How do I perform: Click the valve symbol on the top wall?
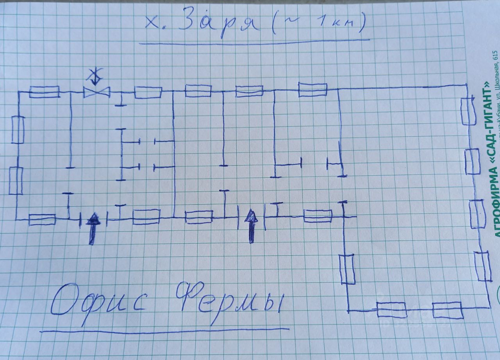click(96, 92)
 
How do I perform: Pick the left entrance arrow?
click(93, 228)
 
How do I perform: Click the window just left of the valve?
click(45, 92)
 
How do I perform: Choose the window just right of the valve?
click(148, 93)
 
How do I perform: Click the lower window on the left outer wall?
click(16, 180)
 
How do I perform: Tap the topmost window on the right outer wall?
click(468, 111)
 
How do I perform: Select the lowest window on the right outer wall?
click(483, 266)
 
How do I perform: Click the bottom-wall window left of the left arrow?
click(42, 219)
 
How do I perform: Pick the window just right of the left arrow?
click(146, 216)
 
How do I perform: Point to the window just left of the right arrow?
click(199, 217)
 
